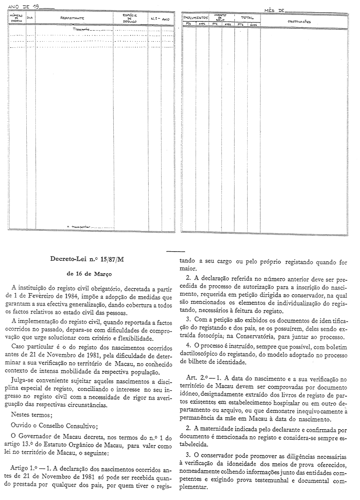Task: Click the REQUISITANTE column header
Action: pyautogui.click(x=72, y=18)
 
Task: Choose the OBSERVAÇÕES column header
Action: pyautogui.click(x=300, y=22)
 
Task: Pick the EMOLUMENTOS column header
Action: pyautogui.click(x=196, y=17)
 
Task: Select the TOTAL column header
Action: pyautogui.click(x=247, y=17)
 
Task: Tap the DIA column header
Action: pyautogui.click(x=30, y=18)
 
